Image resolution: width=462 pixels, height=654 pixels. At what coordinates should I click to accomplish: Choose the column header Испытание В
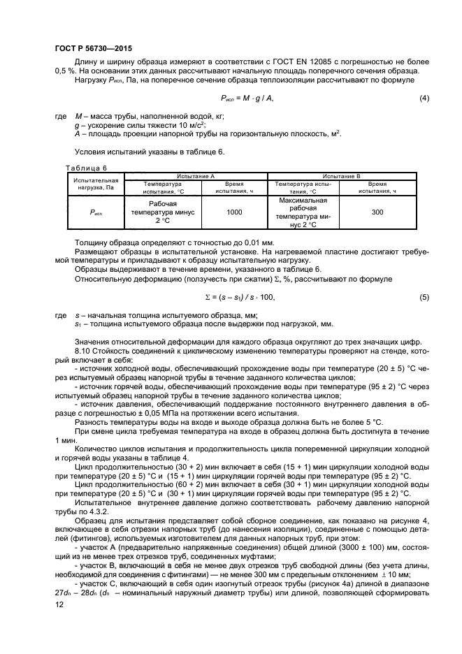(x=347, y=176)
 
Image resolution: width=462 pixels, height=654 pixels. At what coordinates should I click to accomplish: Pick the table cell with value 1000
(x=234, y=212)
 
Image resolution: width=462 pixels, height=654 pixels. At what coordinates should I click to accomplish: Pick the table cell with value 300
(x=377, y=212)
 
